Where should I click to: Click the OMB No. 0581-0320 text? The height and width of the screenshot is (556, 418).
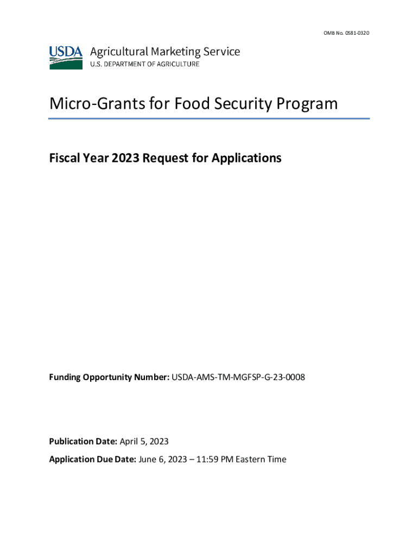click(x=345, y=34)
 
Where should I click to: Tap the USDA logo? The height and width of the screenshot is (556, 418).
click(x=66, y=57)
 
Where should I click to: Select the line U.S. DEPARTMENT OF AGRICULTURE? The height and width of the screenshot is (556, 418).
click(x=144, y=64)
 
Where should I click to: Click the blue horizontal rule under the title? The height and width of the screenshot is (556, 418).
click(x=209, y=118)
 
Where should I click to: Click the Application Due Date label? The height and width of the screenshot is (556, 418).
click(x=92, y=459)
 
